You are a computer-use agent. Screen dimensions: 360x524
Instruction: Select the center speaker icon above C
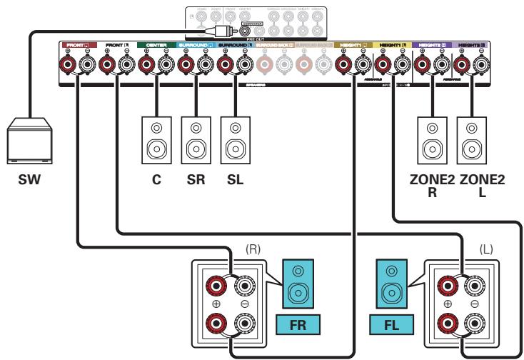tap(155, 139)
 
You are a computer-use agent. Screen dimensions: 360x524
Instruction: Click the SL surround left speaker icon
tap(232, 139)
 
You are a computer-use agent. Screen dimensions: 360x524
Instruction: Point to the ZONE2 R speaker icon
tap(431, 139)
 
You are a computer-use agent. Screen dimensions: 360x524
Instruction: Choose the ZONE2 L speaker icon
tap(470, 139)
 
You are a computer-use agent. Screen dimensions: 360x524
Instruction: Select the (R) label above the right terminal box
tap(251, 254)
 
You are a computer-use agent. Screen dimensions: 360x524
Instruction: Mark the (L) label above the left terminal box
tap(486, 254)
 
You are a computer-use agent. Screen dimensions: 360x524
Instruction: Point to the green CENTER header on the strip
tap(155, 45)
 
